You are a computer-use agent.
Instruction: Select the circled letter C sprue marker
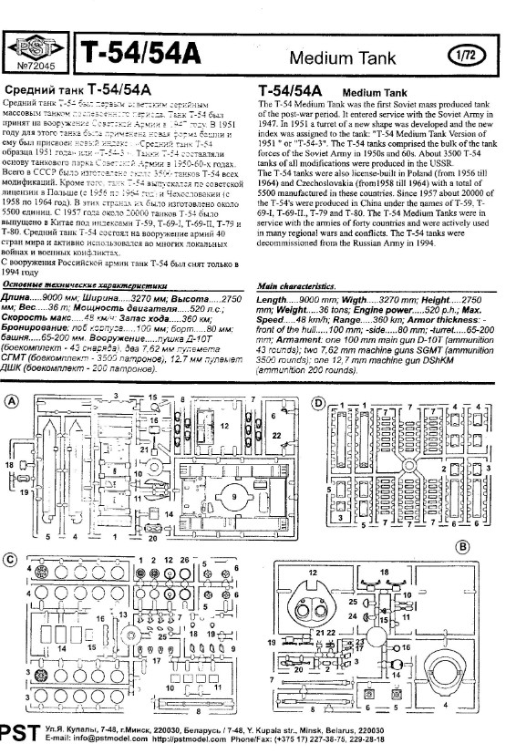(x=11, y=558)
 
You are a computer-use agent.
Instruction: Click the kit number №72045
(x=36, y=67)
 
